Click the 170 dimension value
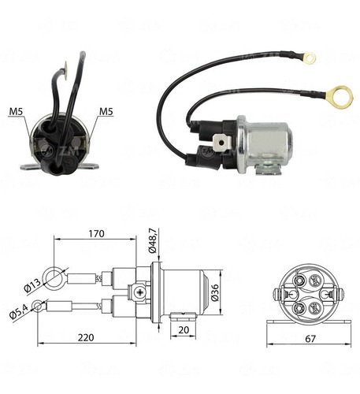pyautogui.click(x=96, y=233)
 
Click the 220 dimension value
pyautogui.click(x=86, y=337)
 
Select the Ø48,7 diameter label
pyautogui.click(x=153, y=240)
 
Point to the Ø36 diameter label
pyautogui.click(x=214, y=292)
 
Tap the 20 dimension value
pyautogui.click(x=184, y=330)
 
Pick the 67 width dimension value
pyautogui.click(x=310, y=339)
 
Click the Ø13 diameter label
pyautogui.click(x=32, y=285)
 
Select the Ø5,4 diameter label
pyautogui.click(x=19, y=310)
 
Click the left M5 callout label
pyautogui.click(x=17, y=111)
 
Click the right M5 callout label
pyautogui.click(x=106, y=111)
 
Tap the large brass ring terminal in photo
pyautogui.click(x=339, y=97)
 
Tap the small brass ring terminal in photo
pyautogui.click(x=310, y=58)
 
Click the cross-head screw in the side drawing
pyautogui.click(x=140, y=292)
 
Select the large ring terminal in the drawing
pyautogui.click(x=54, y=276)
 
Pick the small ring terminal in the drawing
pyautogui.click(x=38, y=307)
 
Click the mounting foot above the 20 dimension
pyautogui.click(x=183, y=316)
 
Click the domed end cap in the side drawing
pyautogui.click(x=206, y=292)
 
